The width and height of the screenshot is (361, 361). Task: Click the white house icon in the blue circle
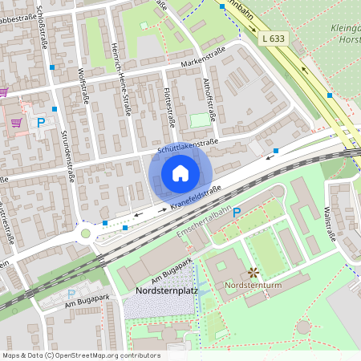180,173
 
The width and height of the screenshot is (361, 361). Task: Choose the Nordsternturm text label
256,284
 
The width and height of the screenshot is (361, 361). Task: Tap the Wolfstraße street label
83,87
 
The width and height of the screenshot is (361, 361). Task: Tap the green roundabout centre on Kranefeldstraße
86,233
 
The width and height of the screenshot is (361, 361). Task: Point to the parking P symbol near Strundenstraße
41,123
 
